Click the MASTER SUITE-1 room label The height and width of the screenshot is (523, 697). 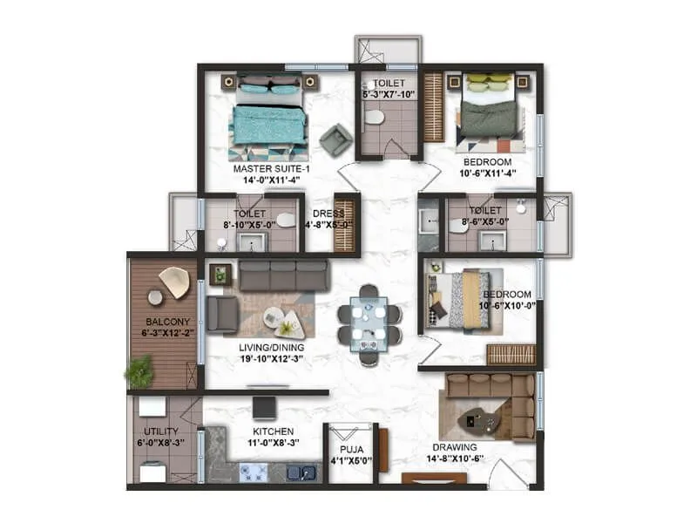coord(271,168)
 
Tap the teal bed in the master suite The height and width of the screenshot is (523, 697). coord(269,122)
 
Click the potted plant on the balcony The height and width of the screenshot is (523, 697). coord(139,372)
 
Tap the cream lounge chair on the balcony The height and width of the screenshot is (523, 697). coord(174,280)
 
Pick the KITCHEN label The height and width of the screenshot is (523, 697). coord(273,431)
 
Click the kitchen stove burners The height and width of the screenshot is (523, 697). coord(254,472)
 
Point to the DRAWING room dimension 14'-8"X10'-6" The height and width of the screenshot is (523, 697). coord(453,458)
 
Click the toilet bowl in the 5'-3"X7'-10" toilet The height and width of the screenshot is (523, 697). coord(374,117)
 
